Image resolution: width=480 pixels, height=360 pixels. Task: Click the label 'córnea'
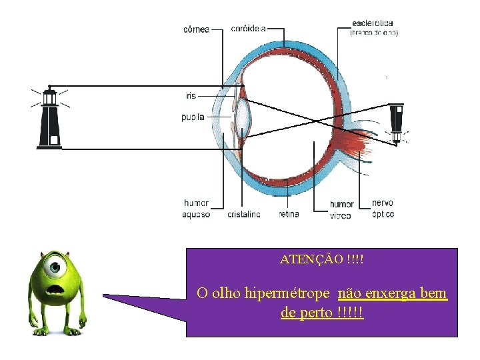pyautogui.click(x=196, y=29)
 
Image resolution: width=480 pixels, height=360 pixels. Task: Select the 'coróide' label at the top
pyautogui.click(x=248, y=29)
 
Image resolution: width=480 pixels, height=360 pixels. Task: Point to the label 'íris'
pyautogui.click(x=191, y=96)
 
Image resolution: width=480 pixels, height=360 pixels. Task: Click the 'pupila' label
pyautogui.click(x=193, y=117)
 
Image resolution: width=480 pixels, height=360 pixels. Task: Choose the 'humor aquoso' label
pyautogui.click(x=196, y=209)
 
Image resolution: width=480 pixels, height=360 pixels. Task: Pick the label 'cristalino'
pyautogui.click(x=244, y=215)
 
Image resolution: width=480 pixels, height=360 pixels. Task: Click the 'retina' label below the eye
pyautogui.click(x=289, y=214)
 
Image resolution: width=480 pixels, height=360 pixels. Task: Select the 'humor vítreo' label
pyautogui.click(x=341, y=209)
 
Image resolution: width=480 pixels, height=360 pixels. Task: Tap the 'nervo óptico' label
pyautogui.click(x=383, y=208)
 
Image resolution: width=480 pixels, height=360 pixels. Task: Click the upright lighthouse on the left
pyautogui.click(x=49, y=118)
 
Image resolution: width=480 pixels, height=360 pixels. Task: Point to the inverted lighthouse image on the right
pyautogui.click(x=397, y=122)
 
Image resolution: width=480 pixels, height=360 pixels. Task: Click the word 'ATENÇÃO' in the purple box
pyautogui.click(x=311, y=258)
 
